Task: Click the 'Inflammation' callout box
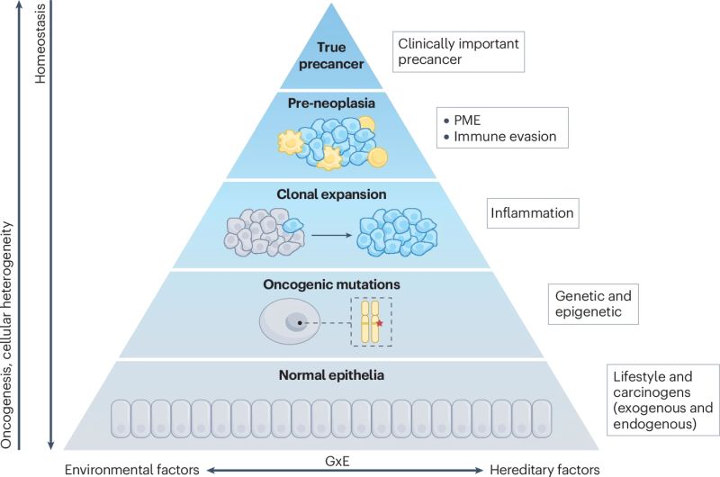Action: coord(533,215)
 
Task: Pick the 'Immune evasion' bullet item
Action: coord(504,137)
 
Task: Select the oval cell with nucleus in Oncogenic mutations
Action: coord(290,322)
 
